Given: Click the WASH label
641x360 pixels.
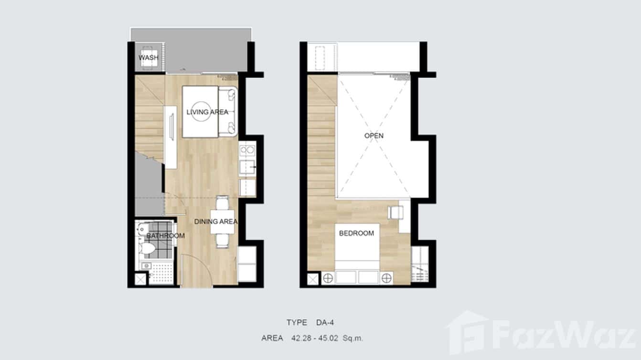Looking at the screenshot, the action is (x=148, y=58).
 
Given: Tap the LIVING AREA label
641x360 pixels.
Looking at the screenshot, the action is (x=207, y=112).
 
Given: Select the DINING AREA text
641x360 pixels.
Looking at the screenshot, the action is (x=216, y=222).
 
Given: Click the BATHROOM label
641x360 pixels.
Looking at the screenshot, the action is (x=165, y=236).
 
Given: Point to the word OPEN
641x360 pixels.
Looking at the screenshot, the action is (x=374, y=136).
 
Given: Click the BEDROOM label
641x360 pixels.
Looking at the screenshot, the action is (x=356, y=233).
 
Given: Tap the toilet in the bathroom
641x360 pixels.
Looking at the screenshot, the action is (x=147, y=249).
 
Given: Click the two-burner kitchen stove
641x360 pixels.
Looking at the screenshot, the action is (x=247, y=149).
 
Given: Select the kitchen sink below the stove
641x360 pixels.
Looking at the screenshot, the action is (x=247, y=167).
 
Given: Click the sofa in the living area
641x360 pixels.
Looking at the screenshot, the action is (x=228, y=112).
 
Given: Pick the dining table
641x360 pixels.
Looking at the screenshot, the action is (x=223, y=222).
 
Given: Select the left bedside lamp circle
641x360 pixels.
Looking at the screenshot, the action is (x=328, y=278).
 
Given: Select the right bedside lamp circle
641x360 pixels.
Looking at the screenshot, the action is (x=386, y=278).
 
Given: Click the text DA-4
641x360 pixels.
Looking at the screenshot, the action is (x=325, y=323).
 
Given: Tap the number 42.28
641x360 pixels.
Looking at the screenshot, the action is (x=301, y=338).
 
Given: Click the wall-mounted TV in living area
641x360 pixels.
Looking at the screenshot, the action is (x=172, y=127).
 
